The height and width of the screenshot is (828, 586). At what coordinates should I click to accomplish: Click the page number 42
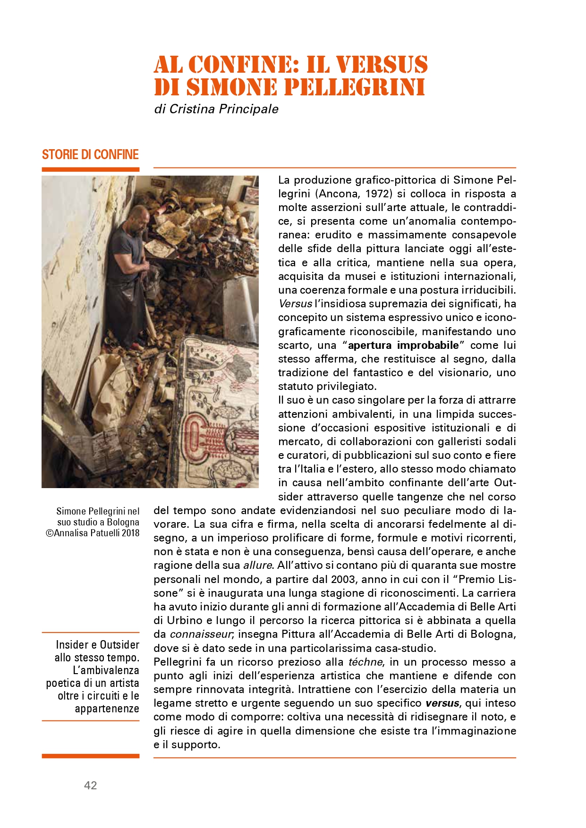(x=90, y=785)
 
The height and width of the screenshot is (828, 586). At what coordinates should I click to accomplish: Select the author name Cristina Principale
(x=224, y=109)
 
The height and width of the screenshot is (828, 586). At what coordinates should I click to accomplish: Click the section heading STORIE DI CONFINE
(x=90, y=155)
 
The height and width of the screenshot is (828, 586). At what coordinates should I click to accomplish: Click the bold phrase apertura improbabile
(x=403, y=345)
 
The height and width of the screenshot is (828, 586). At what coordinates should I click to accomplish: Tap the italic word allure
(x=257, y=566)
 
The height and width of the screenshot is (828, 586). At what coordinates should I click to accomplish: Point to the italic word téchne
(x=365, y=662)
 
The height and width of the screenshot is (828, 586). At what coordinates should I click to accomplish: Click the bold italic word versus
(x=442, y=703)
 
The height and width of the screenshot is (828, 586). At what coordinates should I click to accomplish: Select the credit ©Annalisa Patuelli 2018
(x=93, y=533)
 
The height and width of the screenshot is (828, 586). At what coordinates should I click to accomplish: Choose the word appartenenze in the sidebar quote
(x=107, y=709)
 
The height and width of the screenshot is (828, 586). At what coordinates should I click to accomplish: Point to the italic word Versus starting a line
(x=296, y=304)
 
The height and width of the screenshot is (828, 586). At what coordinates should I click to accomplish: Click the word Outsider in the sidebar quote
(x=119, y=645)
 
